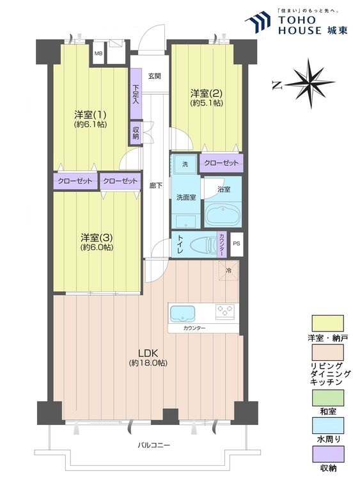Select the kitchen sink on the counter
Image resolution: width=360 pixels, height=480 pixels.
point(184,313)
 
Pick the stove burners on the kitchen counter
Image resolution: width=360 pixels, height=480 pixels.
point(225,312)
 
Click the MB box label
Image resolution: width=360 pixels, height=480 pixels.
point(98,53)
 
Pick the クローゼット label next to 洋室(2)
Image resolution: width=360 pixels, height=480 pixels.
point(221,163)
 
